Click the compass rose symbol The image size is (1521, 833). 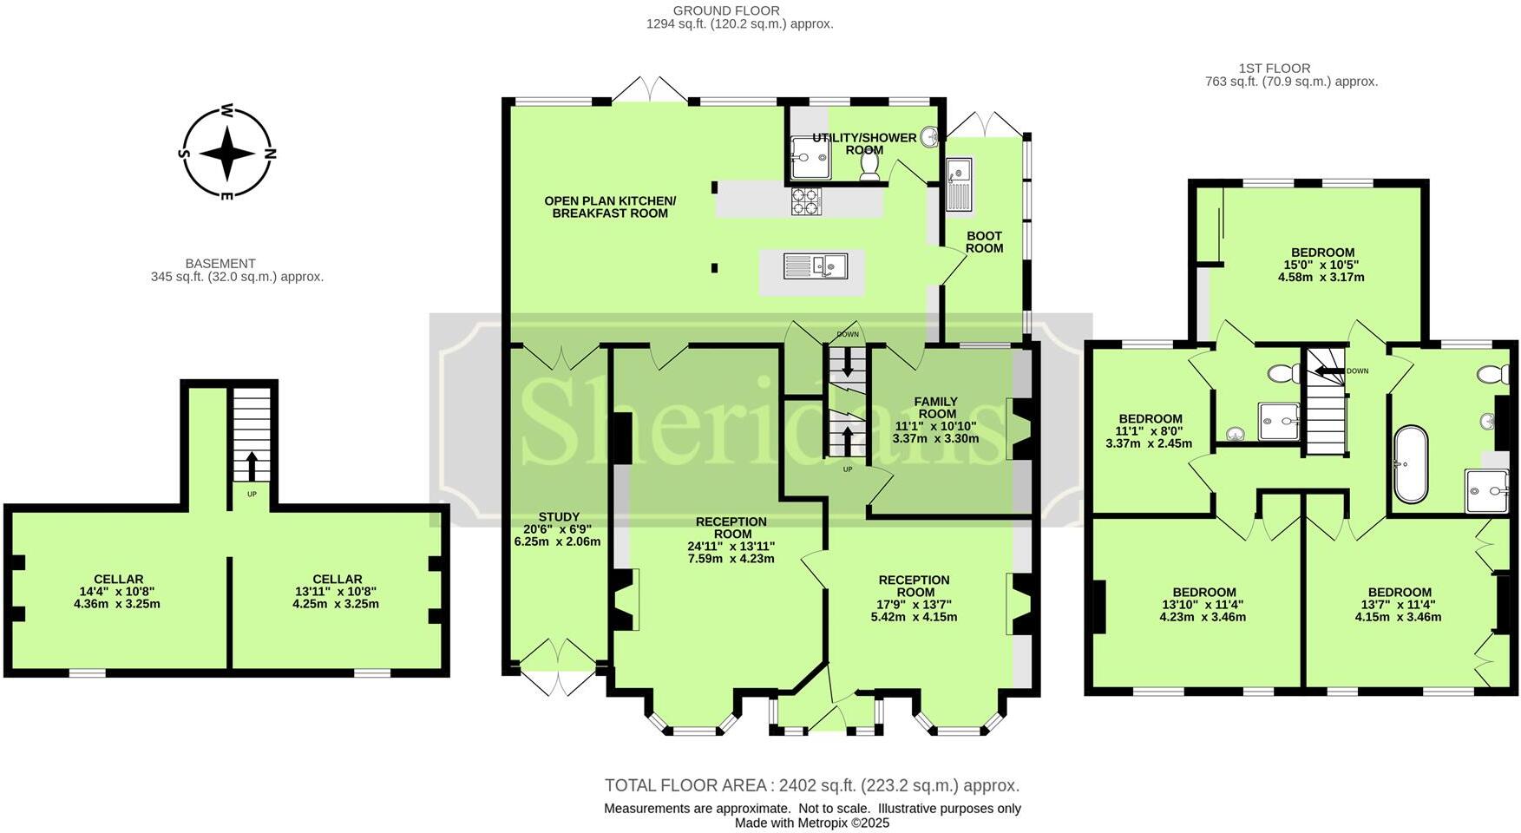(226, 154)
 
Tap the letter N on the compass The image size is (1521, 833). (270, 154)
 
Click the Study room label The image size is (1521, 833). (558, 528)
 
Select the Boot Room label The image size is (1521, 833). (984, 242)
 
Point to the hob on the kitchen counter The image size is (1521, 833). (805, 202)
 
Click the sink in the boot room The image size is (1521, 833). (959, 184)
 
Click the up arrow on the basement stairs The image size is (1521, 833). (252, 466)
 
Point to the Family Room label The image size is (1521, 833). (935, 420)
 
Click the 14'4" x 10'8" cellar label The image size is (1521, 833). (118, 592)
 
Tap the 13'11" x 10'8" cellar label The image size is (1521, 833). (337, 592)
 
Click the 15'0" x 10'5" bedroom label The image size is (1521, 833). (1321, 265)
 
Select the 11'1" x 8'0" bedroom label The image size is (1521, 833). (1150, 430)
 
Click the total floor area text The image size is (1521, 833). (811, 785)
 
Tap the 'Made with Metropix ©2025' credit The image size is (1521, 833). (811, 823)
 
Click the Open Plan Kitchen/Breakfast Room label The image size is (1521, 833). (610, 207)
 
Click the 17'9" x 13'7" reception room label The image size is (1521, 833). (914, 599)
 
